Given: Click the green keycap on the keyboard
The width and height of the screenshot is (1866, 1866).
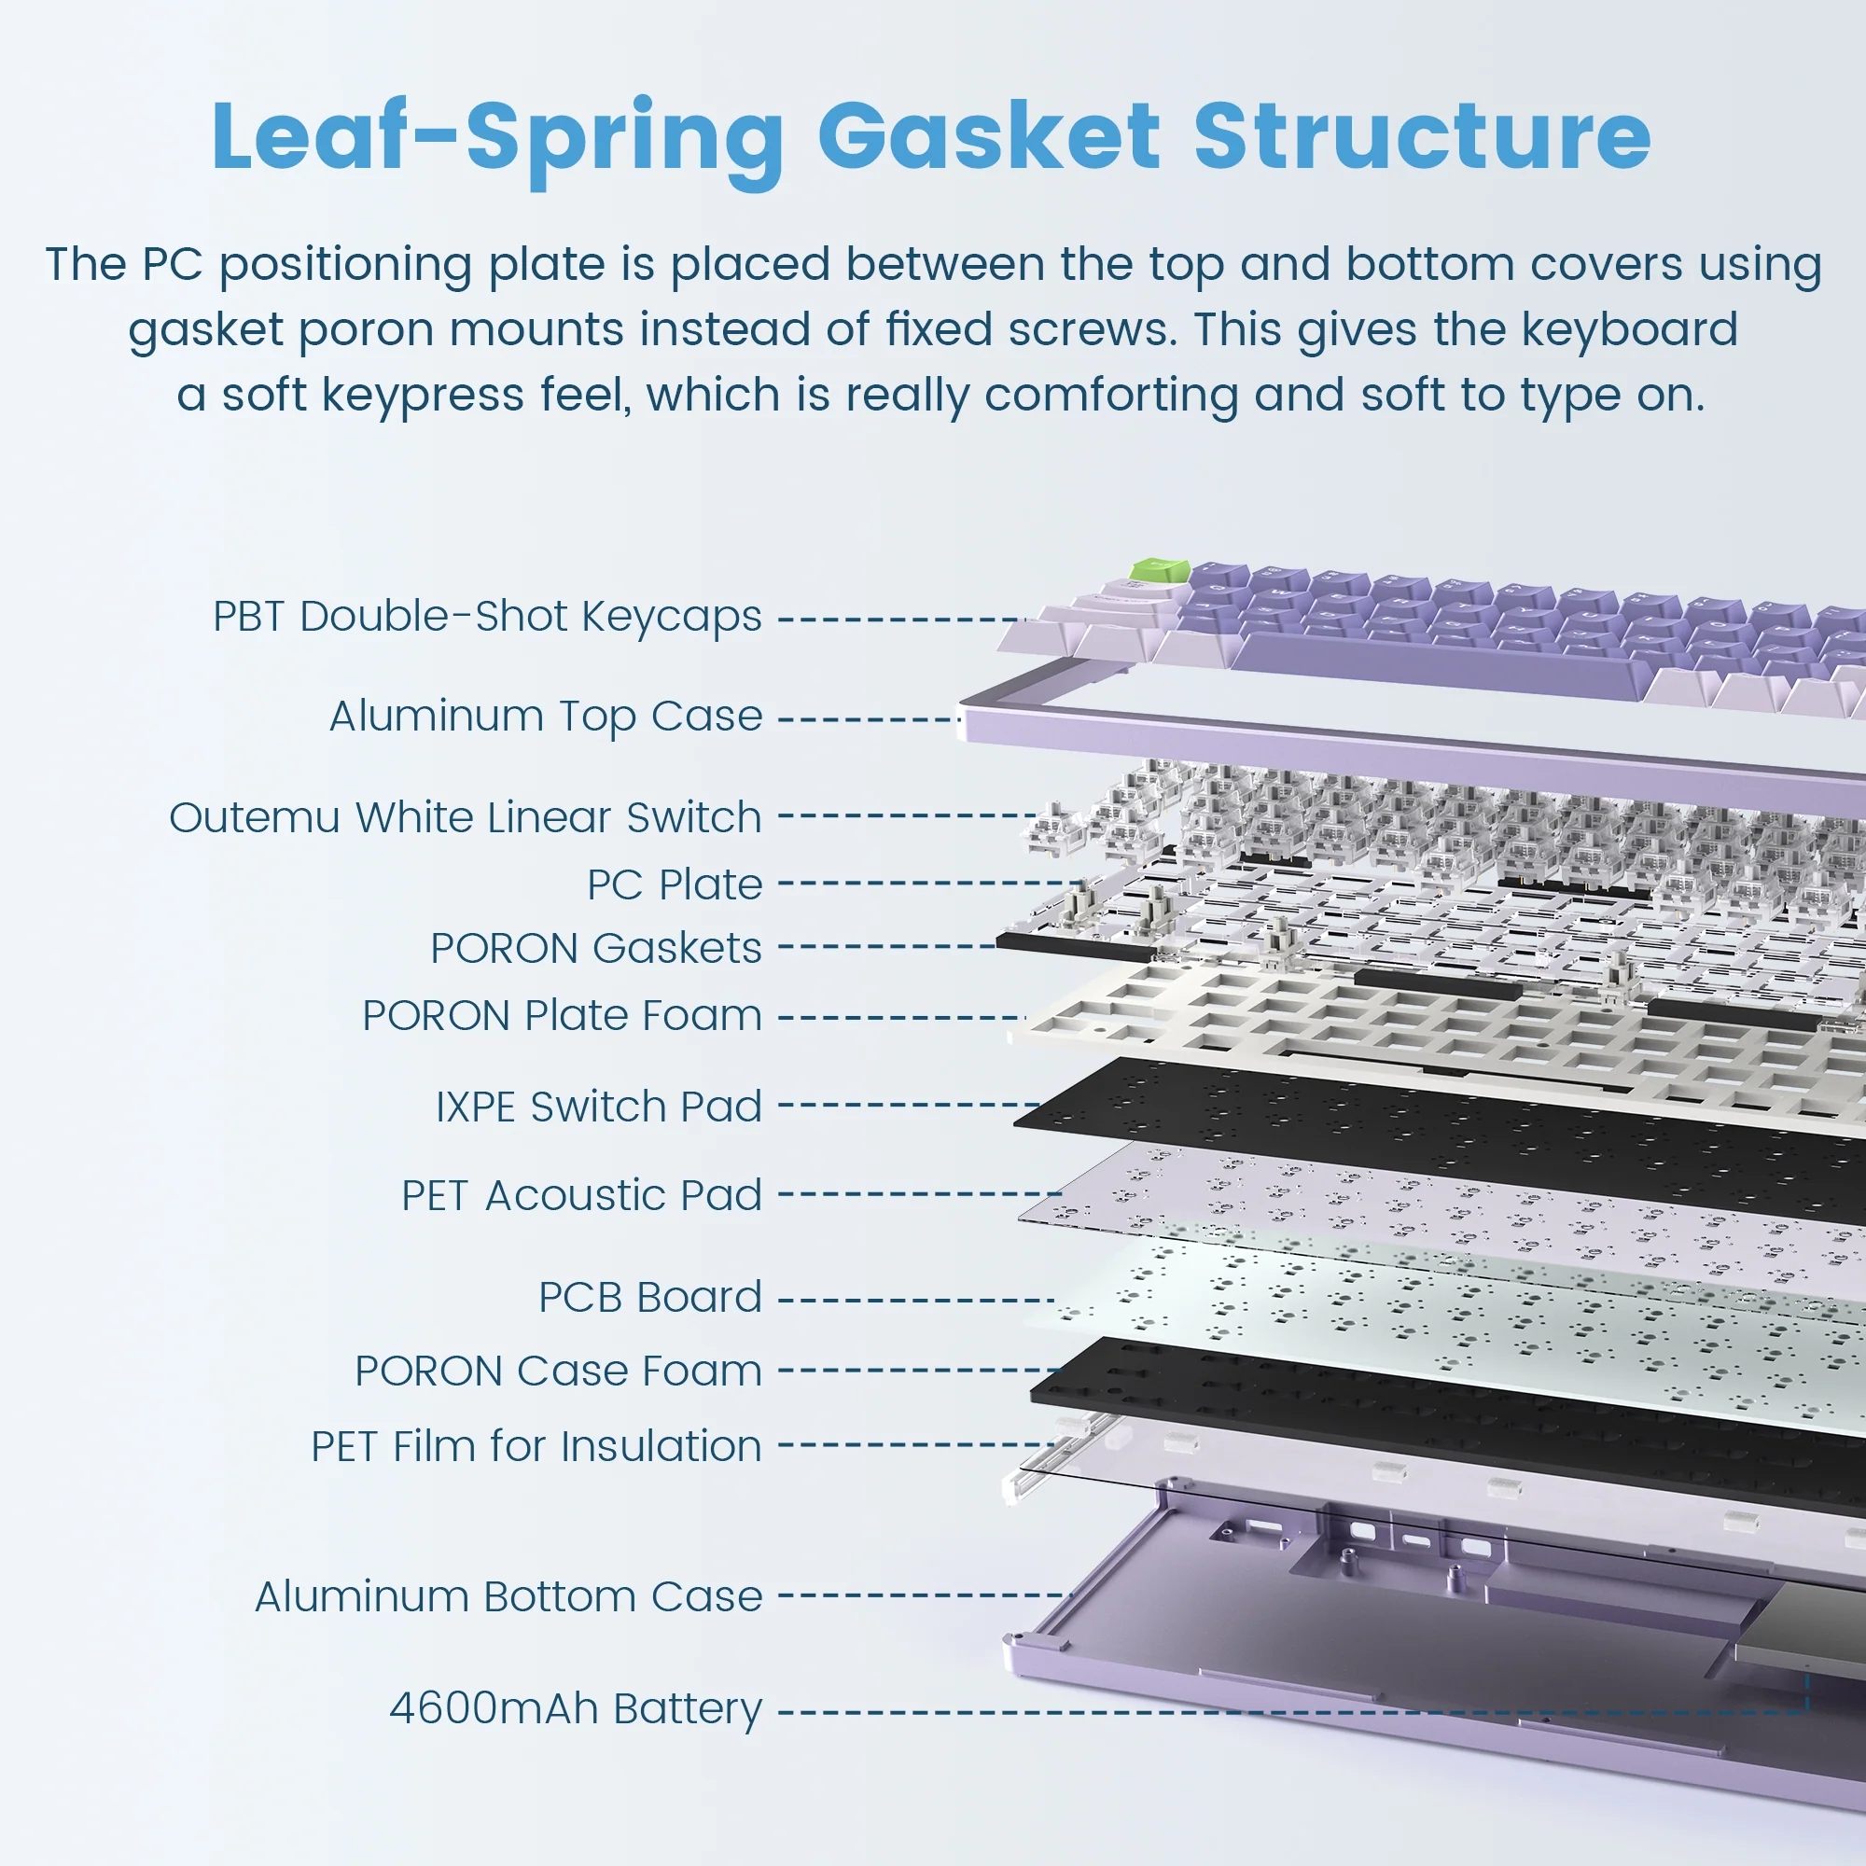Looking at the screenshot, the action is pyautogui.click(x=1160, y=570).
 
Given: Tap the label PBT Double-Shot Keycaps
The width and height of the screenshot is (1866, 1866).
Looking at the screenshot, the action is pyautogui.click(x=488, y=617).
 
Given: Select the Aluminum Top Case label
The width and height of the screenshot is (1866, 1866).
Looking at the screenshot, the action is pyautogui.click(x=546, y=717).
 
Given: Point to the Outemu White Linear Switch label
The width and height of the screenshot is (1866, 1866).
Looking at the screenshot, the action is pyautogui.click(x=466, y=817).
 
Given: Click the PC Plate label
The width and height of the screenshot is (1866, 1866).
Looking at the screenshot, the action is pyautogui.click(x=675, y=884).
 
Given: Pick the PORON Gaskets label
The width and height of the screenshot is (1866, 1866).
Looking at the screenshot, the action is pyautogui.click(x=596, y=948).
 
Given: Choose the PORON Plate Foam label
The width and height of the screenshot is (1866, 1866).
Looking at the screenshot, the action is pyautogui.click(x=562, y=1015).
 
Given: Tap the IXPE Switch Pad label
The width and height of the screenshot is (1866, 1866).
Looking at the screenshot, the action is pyautogui.click(x=599, y=1106).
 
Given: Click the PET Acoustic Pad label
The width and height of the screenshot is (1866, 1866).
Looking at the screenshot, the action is pyautogui.click(x=581, y=1196).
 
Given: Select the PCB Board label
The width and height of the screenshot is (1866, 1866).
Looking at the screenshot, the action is pyautogui.click(x=650, y=1297).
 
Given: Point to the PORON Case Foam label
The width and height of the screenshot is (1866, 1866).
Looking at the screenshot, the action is pyautogui.click(x=558, y=1371).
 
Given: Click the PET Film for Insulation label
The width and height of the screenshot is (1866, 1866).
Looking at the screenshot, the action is pyautogui.click(x=536, y=1446).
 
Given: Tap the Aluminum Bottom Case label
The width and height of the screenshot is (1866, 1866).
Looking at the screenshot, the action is pyautogui.click(x=508, y=1596).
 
